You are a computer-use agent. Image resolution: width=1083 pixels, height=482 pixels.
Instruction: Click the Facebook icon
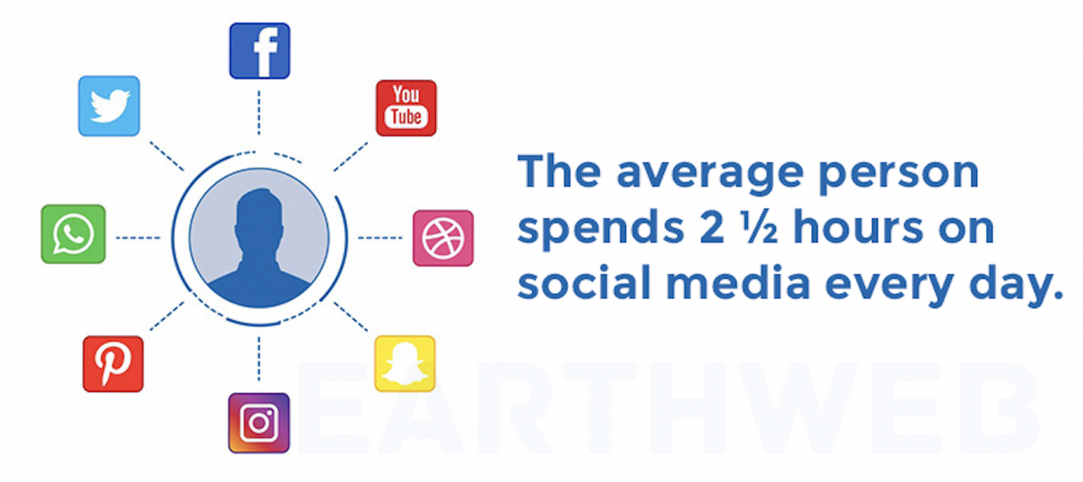[260, 51]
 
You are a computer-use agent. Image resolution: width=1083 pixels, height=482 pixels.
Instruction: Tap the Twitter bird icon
[109, 106]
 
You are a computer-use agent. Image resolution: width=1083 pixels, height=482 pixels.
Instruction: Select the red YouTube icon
[406, 107]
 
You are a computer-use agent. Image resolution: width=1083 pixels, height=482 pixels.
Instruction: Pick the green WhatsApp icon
[74, 234]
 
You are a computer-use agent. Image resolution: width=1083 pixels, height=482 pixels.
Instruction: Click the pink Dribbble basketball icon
[443, 238]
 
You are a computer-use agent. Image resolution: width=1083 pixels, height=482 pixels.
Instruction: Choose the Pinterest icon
[113, 364]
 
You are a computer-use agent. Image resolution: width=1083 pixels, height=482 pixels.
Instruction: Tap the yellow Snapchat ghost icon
[405, 364]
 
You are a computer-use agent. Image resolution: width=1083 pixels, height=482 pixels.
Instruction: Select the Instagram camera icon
[259, 423]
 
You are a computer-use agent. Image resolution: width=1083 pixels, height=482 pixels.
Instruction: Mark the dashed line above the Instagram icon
[259, 359]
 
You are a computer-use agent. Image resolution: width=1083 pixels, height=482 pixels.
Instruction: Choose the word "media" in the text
[726, 284]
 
